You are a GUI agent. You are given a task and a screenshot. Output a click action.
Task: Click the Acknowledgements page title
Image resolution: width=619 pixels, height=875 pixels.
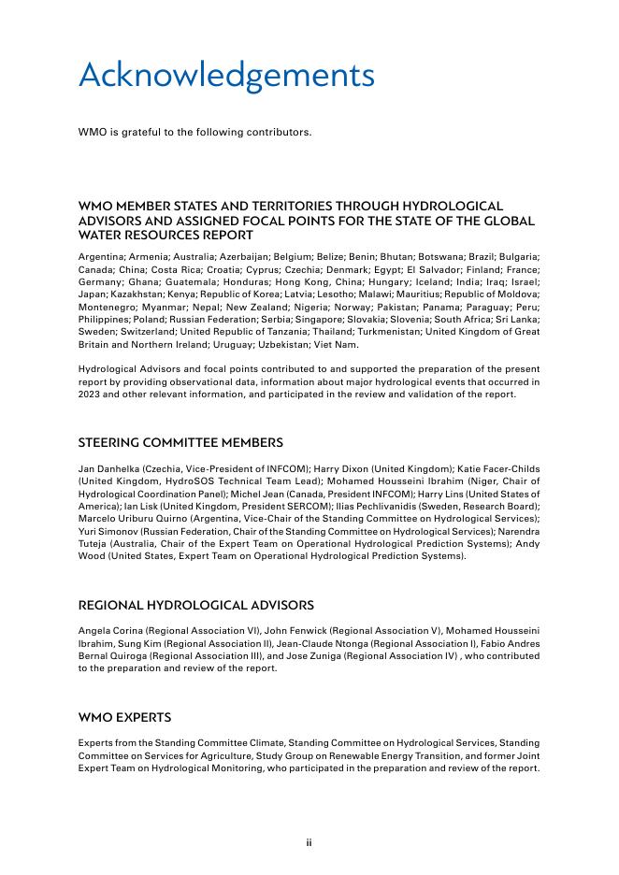click(x=226, y=76)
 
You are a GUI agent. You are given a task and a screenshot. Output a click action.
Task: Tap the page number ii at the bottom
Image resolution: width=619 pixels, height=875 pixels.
click(x=309, y=842)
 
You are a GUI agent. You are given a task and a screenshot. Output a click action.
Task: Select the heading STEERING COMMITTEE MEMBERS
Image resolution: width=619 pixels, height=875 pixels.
click(x=180, y=442)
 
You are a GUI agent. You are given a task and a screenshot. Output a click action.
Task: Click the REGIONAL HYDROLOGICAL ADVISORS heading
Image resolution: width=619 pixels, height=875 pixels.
click(x=195, y=605)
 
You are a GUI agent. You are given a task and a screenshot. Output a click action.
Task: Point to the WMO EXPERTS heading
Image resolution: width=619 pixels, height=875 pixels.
click(x=124, y=717)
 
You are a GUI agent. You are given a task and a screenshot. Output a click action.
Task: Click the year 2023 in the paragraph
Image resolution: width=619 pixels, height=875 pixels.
click(x=90, y=394)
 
